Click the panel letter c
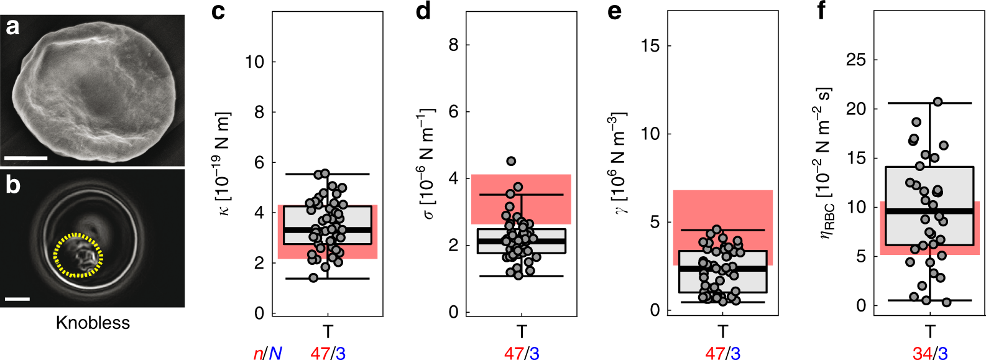point(218,11)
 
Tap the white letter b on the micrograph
point(13,185)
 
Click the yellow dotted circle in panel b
point(78,255)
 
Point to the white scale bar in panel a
point(25,158)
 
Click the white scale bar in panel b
point(17,299)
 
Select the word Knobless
point(93,323)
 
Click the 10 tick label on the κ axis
point(255,62)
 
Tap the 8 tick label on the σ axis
point(454,45)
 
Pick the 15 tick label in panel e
point(650,45)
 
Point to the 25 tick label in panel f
point(856,60)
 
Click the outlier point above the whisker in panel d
point(511,161)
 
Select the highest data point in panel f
point(938,101)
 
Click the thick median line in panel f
point(929,211)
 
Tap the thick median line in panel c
point(328,230)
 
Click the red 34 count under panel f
point(922,353)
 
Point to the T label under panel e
point(722,331)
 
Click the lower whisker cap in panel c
point(328,279)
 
